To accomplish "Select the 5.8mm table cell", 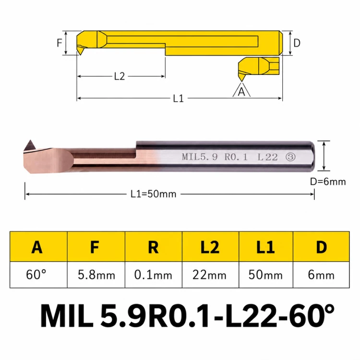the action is tap(96, 275).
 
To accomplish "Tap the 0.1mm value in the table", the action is tap(153, 275).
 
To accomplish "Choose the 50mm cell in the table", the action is tap(265, 275).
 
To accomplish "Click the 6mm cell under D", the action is tap(321, 275).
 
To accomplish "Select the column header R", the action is tap(154, 247).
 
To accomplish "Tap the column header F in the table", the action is tap(95, 247).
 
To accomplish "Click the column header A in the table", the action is tap(37, 247).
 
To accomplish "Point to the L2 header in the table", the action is tap(210, 247).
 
